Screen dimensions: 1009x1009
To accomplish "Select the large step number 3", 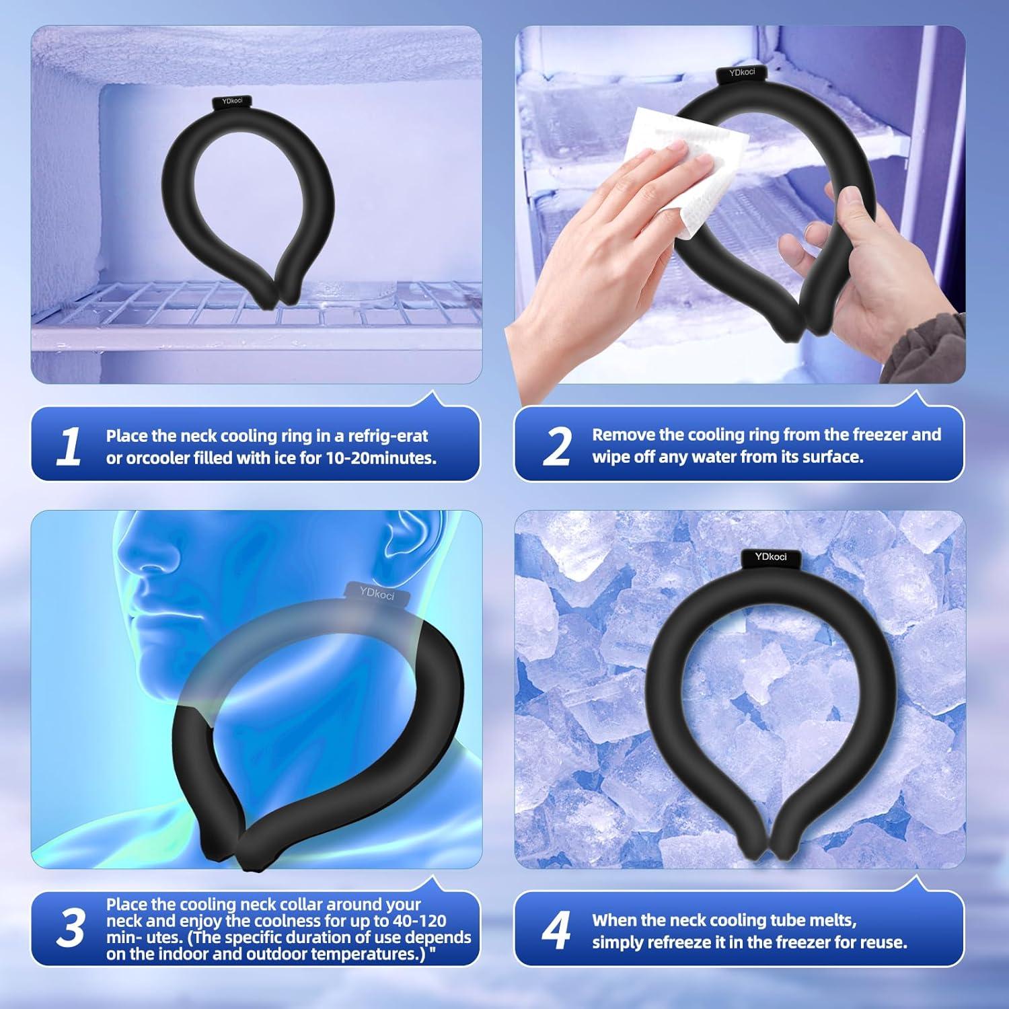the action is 70,929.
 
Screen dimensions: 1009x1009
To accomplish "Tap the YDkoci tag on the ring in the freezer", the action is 231,102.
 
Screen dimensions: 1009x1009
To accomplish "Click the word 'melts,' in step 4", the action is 831,920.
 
